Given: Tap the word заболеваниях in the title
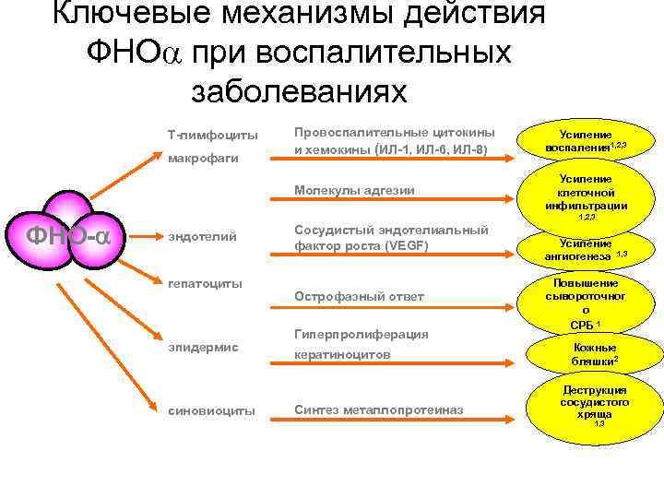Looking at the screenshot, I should pos(298,91).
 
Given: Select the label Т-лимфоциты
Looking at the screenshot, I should pos(212,135).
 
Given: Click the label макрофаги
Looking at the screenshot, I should pos(203,158).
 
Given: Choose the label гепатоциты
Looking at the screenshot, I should pos(205,282).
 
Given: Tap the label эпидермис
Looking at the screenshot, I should pos(203,347).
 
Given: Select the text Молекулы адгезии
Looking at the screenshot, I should pos(354,191).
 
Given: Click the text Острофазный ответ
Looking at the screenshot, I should pos(359,296).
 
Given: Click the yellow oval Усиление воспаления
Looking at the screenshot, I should pos(586,140).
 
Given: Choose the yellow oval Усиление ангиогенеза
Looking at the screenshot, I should pos(587,248).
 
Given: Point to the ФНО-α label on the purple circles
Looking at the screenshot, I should pos(68,236).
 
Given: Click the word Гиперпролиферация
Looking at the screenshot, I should pos(361,334).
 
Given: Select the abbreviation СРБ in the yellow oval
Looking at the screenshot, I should pos(581,325).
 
